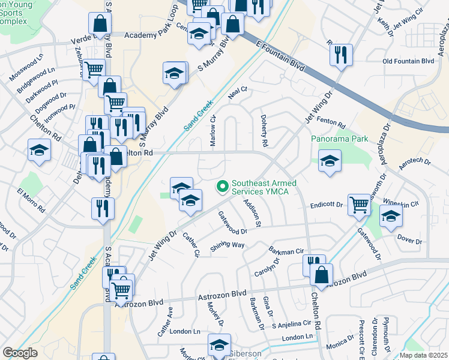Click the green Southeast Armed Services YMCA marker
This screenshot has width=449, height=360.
pyautogui.click(x=223, y=187)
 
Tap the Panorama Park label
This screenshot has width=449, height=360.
pyautogui.click(x=339, y=139)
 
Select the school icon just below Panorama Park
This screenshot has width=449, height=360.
pyautogui.click(x=330, y=161)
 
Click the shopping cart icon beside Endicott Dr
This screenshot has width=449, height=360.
pyautogui.click(x=359, y=204)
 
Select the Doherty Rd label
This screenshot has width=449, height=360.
pyautogui.click(x=264, y=131)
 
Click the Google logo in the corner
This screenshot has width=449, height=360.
pyautogui.click(x=20, y=353)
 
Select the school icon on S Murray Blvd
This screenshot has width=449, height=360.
pyautogui.click(x=175, y=74)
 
